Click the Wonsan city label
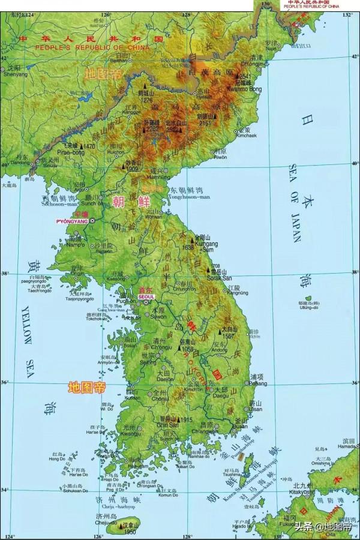154,217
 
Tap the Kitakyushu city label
303,491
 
